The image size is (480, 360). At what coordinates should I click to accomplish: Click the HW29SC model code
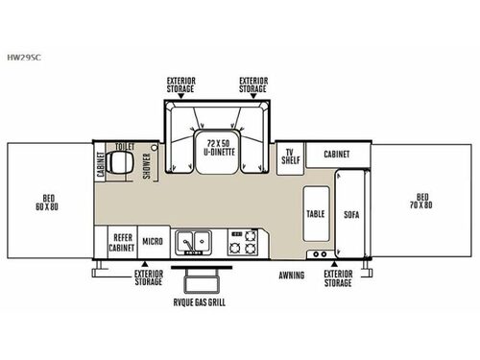tap(24, 58)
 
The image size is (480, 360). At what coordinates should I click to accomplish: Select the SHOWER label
tap(147, 166)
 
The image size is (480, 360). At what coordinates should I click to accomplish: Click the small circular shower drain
tap(155, 148)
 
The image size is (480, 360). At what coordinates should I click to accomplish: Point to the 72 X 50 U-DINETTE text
tap(220, 148)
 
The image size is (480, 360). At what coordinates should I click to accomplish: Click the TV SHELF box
tap(290, 158)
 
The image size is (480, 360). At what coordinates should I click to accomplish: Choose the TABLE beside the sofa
tap(316, 213)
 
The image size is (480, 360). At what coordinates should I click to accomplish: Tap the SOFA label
tap(351, 214)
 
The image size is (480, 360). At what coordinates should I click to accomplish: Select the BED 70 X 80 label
tap(421, 201)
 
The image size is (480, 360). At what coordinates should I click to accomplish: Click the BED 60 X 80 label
tap(47, 203)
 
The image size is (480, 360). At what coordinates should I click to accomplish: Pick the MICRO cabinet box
tap(154, 242)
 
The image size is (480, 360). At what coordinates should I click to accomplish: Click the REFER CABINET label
tap(122, 243)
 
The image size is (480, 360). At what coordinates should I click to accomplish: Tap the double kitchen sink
tap(193, 242)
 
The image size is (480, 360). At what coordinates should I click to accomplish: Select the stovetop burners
tap(243, 242)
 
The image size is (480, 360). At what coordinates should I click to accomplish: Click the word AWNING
tap(292, 276)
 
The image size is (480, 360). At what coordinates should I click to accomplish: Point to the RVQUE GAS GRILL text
tap(200, 302)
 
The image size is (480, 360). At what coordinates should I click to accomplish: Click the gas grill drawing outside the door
tap(202, 279)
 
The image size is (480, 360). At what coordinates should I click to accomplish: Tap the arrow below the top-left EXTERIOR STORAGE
tap(180, 96)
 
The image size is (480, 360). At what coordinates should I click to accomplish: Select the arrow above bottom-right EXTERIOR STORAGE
tap(334, 264)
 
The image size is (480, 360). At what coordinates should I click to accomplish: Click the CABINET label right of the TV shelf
tap(337, 155)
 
